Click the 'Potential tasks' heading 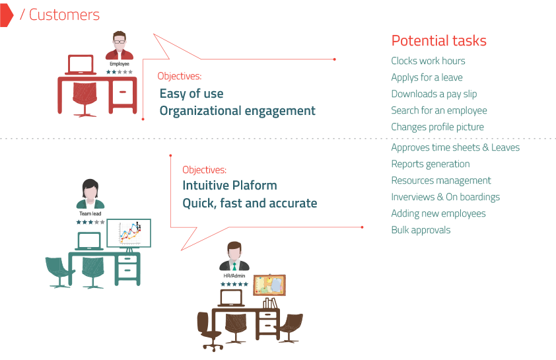438,41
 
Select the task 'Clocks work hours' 428,61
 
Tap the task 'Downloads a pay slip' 434,94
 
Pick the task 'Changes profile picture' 437,127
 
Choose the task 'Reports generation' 431,164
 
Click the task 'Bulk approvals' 421,230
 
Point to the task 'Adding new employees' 438,213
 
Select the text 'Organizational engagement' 237,111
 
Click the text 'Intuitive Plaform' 229,185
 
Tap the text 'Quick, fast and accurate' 250,203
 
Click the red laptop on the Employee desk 81,65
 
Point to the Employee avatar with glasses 120,46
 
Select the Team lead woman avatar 90,194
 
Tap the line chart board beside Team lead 129,233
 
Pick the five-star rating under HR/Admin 234,284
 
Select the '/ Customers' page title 60,15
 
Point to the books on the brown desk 269,303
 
